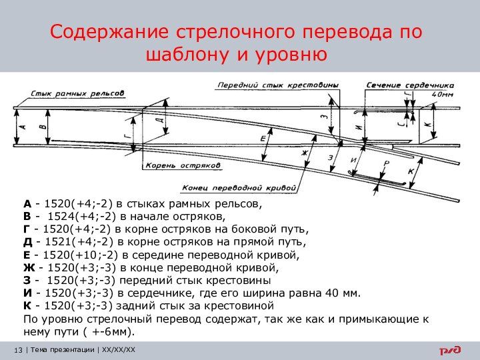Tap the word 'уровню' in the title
click(291, 55)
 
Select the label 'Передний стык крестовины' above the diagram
click(278, 85)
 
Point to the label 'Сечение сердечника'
click(410, 85)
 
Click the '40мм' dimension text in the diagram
click(441, 94)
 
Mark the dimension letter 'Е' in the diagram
click(263, 138)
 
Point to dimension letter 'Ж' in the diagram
click(305, 153)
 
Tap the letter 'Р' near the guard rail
click(386, 163)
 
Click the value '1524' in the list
click(61, 217)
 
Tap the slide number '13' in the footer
click(18, 350)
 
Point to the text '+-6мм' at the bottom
click(115, 331)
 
